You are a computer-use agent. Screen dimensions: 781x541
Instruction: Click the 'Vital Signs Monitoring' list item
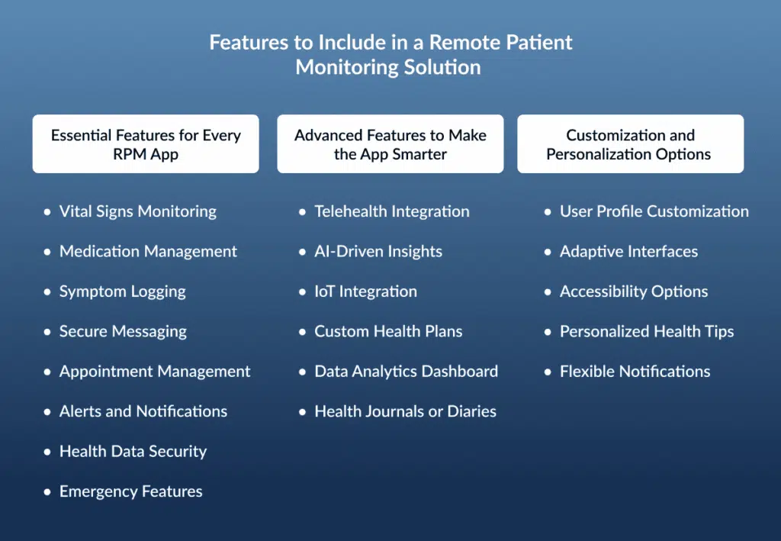tap(138, 211)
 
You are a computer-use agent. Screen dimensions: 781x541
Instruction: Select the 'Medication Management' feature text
tap(148, 252)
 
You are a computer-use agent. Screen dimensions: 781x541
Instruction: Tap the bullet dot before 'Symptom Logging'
tap(47, 292)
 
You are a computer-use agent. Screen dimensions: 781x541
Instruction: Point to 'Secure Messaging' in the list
tap(123, 332)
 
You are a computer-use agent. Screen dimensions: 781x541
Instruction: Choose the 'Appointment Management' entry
tap(155, 372)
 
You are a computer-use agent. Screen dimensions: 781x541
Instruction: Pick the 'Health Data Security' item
tap(133, 451)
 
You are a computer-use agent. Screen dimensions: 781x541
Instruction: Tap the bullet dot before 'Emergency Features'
tap(47, 492)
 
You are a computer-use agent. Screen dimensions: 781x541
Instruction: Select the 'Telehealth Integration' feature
tap(392, 211)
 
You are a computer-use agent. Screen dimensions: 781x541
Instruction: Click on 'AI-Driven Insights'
tap(378, 252)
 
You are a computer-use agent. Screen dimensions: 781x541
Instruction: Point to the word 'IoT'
tap(324, 291)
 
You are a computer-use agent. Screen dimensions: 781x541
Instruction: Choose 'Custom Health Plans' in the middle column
tap(388, 331)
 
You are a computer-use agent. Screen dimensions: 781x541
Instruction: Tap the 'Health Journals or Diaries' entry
tap(406, 411)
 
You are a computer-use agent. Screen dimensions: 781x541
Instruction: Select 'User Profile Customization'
tap(654, 211)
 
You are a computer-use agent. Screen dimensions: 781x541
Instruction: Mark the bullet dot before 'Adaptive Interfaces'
tap(548, 252)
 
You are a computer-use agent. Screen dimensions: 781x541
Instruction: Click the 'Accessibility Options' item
tap(634, 291)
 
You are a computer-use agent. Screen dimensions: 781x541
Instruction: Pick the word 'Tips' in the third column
tap(720, 332)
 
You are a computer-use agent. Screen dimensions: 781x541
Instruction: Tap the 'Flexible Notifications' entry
tap(635, 372)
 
